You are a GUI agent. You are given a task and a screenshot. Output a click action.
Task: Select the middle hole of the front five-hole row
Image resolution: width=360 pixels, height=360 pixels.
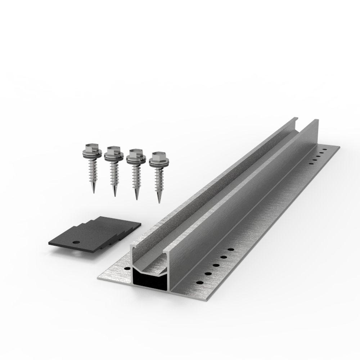click(x=215, y=265)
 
